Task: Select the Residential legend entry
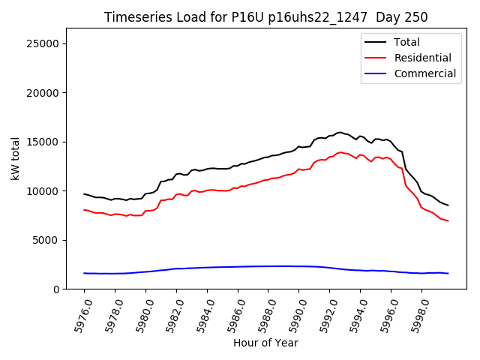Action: pos(422,58)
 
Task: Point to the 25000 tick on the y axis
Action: pos(43,43)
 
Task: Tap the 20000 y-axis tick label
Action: pos(43,93)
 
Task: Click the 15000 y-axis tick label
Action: pos(43,142)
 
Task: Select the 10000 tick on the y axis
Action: pos(43,191)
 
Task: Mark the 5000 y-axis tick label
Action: pos(46,240)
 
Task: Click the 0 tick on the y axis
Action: pos(56,289)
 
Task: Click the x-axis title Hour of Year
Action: pos(265,343)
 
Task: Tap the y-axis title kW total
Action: pos(15,159)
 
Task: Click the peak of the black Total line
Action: pos(340,132)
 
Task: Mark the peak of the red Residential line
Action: pos(340,152)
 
